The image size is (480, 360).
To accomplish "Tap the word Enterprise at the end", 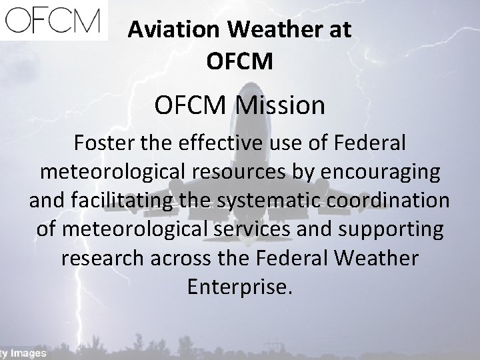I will (239, 287).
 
